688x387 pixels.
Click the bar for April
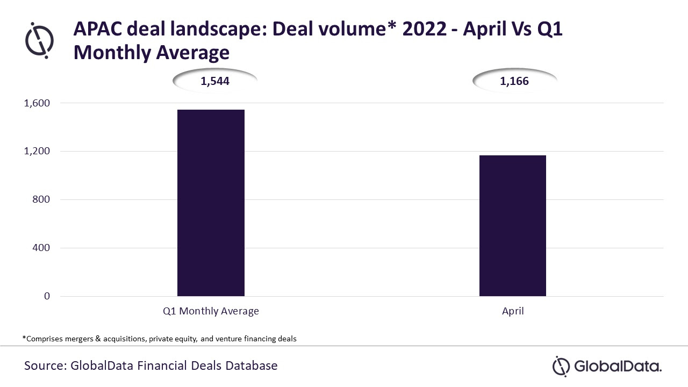pyautogui.click(x=512, y=226)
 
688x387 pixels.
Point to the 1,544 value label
pyautogui.click(x=215, y=82)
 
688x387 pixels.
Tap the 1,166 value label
pyautogui.click(x=514, y=82)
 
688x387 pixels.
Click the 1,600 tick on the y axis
pyautogui.click(x=37, y=103)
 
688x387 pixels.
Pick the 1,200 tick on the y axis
pyautogui.click(x=37, y=151)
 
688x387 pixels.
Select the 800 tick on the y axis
pyautogui.click(x=41, y=199)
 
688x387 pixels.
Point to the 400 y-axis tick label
pyautogui.click(x=41, y=248)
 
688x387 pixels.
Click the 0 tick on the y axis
pyautogui.click(x=47, y=296)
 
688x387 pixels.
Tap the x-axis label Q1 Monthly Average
pyautogui.click(x=211, y=311)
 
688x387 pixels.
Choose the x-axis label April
pyautogui.click(x=512, y=311)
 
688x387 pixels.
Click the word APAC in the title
pyautogui.click(x=95, y=29)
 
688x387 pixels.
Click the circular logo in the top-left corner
pyautogui.click(x=40, y=40)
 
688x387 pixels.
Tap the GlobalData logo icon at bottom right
pyautogui.click(x=561, y=366)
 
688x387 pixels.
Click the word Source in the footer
pyautogui.click(x=44, y=366)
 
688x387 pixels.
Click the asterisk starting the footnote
pyautogui.click(x=24, y=338)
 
